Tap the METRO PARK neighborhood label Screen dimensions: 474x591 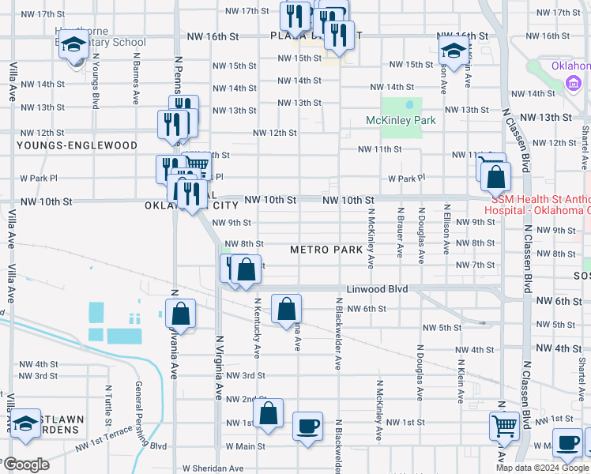[326, 250]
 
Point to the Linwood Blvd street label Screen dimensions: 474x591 [377, 290]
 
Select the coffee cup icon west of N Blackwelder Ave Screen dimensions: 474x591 [307, 427]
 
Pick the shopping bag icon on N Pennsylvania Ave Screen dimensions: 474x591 [180, 314]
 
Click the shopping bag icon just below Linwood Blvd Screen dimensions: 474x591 [286, 309]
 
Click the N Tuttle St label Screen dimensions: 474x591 [108, 403]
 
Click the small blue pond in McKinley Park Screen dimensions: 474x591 [409, 103]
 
